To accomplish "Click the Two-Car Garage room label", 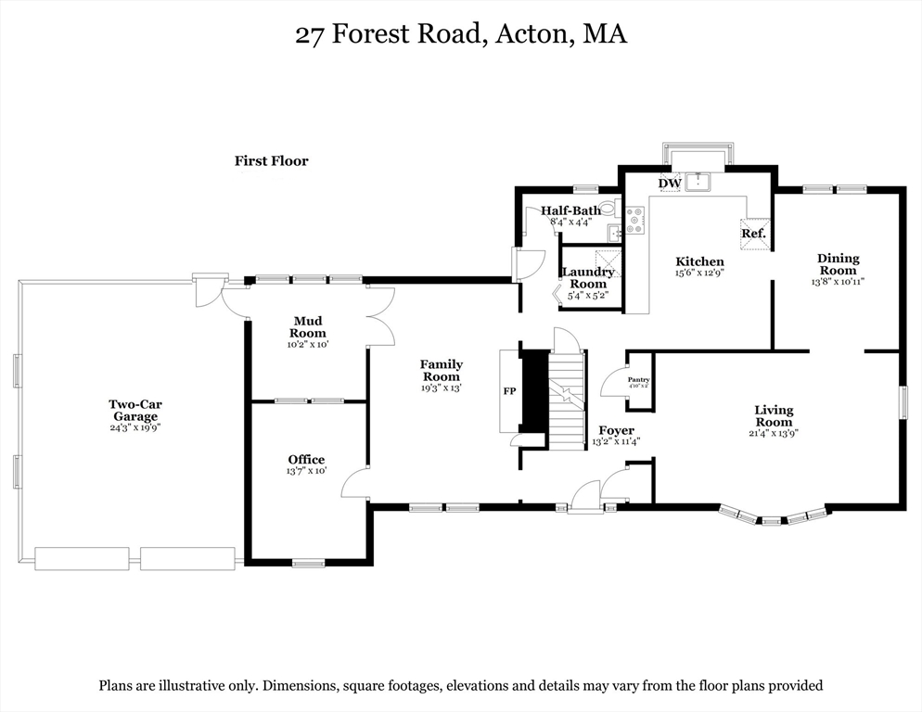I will pos(135,410).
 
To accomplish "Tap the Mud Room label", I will pos(308,327).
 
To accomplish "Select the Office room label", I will pos(306,460).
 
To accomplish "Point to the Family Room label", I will pos(442,371).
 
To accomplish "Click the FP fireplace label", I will pos(509,391).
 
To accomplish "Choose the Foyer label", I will pos(616,431).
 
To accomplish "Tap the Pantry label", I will pos(638,380).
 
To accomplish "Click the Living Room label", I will pos(774,416).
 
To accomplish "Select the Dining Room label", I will pos(838,264).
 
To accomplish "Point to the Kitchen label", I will pos(699,261).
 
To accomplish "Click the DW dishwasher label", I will pos(670,184).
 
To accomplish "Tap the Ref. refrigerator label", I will pos(753,234).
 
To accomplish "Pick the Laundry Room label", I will pos(588,277).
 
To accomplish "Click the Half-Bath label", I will pos(570,210).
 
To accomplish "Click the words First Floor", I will pos(271,161).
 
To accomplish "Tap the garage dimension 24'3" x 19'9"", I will pos(135,428).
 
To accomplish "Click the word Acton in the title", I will pos(535,34).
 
